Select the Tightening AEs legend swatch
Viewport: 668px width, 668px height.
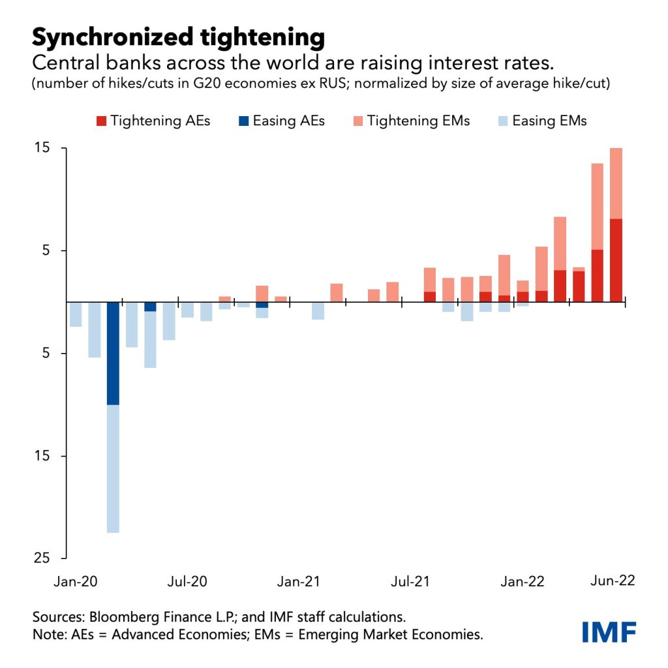[100, 121]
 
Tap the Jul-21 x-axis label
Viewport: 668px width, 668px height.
[412, 582]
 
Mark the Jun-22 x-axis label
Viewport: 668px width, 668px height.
[613, 582]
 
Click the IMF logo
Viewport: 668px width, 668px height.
[609, 631]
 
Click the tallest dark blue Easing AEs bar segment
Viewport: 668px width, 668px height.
[113, 353]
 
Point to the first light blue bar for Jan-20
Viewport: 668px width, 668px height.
[76, 314]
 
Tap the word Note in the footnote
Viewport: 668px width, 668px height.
[46, 634]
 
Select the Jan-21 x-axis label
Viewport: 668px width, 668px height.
[299, 582]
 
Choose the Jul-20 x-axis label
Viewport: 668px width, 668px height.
[188, 582]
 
